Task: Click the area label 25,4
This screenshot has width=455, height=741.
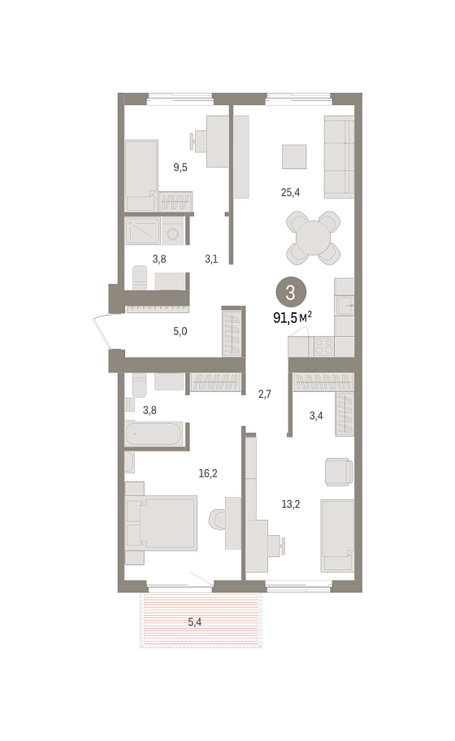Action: tap(290, 192)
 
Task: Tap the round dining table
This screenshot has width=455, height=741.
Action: tap(314, 238)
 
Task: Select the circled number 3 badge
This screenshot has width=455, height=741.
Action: tap(290, 292)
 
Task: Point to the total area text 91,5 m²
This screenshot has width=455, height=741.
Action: tap(292, 317)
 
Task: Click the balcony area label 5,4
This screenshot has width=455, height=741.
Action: tap(194, 622)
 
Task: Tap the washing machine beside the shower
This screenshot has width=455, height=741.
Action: tap(174, 231)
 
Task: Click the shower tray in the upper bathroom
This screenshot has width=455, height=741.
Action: tap(142, 231)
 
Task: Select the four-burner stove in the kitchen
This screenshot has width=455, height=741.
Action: tap(324, 347)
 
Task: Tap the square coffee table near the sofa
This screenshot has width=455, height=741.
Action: tap(294, 156)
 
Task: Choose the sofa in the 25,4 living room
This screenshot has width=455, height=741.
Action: tap(339, 157)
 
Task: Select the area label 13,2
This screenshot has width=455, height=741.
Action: tap(291, 504)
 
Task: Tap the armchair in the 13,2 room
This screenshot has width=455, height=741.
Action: tap(339, 471)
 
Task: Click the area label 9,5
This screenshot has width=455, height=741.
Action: tap(180, 167)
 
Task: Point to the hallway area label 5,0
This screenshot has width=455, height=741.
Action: tap(180, 331)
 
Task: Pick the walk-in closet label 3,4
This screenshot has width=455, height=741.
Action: tap(316, 416)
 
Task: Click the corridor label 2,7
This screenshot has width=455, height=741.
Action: tap(265, 394)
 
